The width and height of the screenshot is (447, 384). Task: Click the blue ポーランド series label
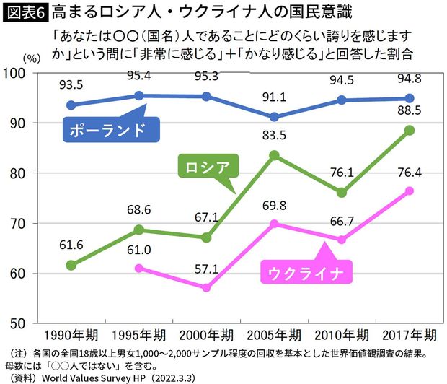[107, 131]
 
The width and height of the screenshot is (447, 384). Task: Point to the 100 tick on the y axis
[17, 73]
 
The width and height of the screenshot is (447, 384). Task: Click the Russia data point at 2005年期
[274, 155]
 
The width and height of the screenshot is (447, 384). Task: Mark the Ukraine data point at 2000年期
[206, 287]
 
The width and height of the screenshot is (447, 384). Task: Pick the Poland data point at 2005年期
[274, 117]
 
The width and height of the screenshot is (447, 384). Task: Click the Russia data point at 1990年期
[71, 265]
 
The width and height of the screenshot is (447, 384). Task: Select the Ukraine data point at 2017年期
[409, 191]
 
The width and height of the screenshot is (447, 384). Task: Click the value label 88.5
[409, 111]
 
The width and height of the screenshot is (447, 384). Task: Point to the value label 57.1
[206, 268]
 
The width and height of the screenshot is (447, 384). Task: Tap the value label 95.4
[138, 75]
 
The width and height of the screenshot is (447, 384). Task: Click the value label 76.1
[342, 172]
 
